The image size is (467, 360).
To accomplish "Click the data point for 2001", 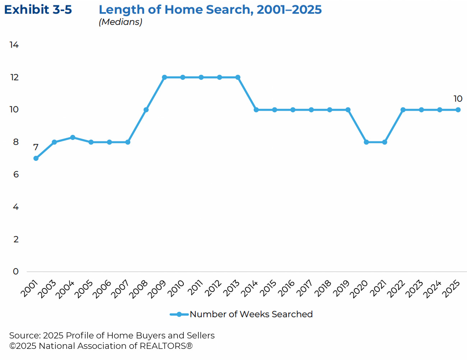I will click(x=36, y=158).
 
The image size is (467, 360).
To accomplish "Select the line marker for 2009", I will click(x=165, y=77).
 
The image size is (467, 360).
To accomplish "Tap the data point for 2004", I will click(x=73, y=137).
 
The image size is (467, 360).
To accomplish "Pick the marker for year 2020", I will click(x=366, y=142).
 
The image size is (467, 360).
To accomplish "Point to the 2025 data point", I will click(x=458, y=110).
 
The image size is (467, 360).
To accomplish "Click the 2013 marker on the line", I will click(x=238, y=77).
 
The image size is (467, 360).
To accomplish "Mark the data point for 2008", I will click(x=146, y=110).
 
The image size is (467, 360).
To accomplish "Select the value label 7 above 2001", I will click(x=36, y=147).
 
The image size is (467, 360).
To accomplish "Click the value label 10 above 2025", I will click(x=458, y=99).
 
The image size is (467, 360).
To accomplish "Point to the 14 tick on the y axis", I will click(x=14, y=45).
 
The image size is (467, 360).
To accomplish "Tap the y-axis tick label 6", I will click(x=16, y=175).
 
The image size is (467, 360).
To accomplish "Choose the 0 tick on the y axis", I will click(x=16, y=272).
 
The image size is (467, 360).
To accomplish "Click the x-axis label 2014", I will click(x=249, y=289).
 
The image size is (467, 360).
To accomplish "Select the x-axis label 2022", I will click(x=396, y=289).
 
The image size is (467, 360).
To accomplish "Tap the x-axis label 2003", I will click(x=47, y=289).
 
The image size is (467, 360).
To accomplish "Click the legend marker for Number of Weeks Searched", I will click(x=179, y=314).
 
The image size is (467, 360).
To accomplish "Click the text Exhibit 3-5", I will click(x=38, y=10).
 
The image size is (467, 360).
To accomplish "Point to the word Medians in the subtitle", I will click(x=121, y=22).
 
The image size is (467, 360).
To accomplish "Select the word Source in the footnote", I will click(x=24, y=336).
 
